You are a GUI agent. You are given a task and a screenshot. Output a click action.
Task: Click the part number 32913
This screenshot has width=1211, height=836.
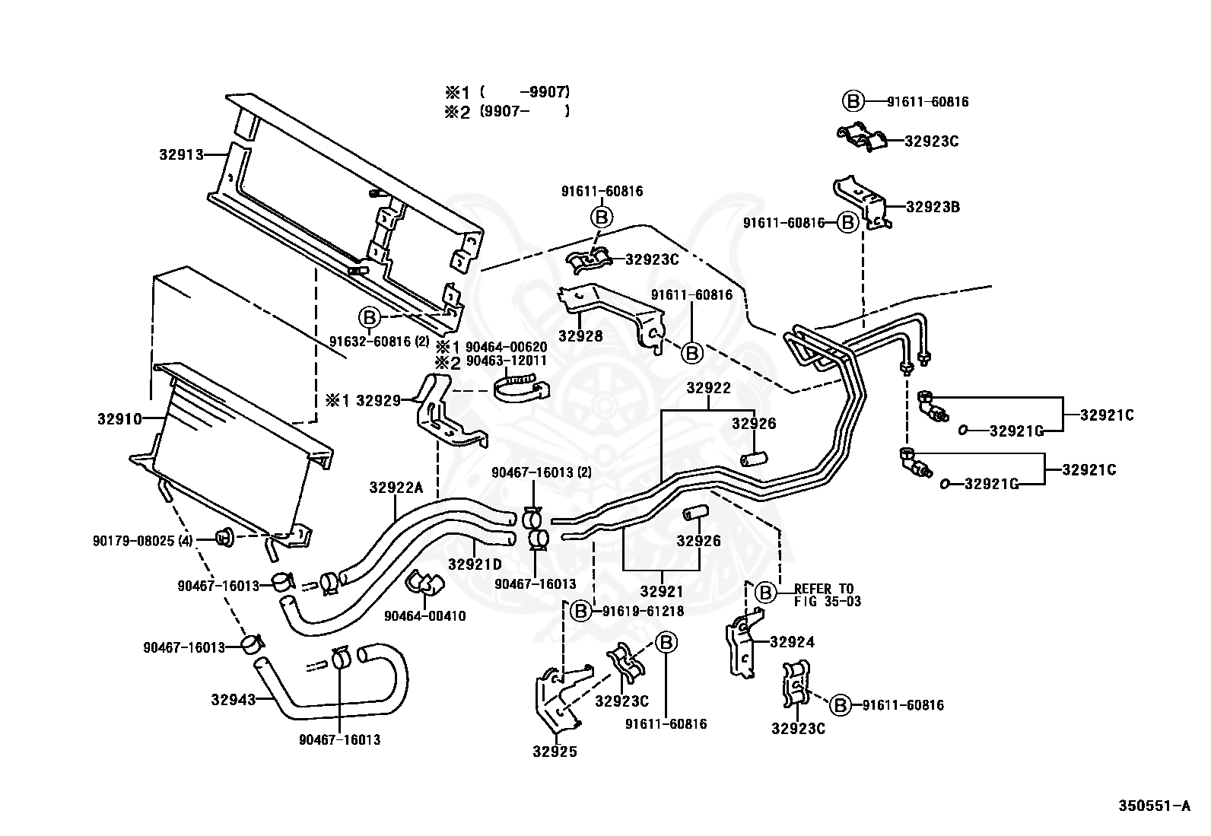[x=182, y=154]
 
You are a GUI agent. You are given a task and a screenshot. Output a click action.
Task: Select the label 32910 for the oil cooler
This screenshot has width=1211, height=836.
[x=119, y=418]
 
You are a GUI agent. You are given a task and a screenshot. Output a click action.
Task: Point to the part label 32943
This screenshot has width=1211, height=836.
[x=233, y=700]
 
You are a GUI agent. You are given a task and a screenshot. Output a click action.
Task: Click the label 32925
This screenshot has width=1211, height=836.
[x=555, y=752]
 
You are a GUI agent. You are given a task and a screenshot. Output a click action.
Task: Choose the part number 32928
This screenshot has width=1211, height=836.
[x=580, y=335]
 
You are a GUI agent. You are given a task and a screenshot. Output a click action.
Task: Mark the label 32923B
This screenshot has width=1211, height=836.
[x=933, y=207]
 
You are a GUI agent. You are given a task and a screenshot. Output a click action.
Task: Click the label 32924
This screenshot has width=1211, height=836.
[x=793, y=642]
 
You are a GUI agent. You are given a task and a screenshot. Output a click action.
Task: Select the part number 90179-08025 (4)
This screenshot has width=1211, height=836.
[x=143, y=541]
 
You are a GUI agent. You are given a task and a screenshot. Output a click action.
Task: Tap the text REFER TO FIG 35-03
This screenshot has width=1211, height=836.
[x=827, y=595]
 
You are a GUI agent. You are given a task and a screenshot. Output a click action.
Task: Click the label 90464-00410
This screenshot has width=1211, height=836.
[x=425, y=616]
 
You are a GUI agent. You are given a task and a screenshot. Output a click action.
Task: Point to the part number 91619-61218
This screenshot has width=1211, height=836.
[x=644, y=611]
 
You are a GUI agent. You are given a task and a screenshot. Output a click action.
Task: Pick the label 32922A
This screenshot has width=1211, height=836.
[x=396, y=487]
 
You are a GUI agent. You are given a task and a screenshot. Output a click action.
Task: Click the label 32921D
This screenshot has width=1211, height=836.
[x=475, y=564]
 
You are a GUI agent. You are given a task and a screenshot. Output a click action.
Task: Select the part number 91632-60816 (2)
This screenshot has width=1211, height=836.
[x=380, y=342]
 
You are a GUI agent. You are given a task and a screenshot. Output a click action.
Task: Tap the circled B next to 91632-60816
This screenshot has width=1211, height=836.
[x=369, y=317]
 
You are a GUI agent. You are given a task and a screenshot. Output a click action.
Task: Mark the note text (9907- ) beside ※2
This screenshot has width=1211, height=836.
[x=525, y=112]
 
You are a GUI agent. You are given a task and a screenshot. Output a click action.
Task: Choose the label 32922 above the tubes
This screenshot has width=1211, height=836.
[x=709, y=388]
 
